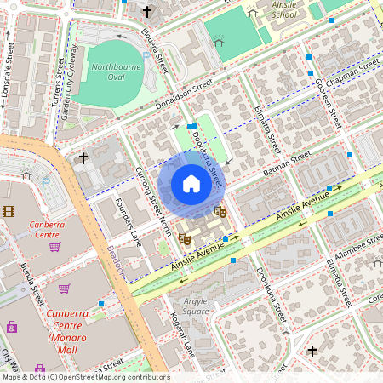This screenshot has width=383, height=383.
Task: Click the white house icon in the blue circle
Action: point(191,184)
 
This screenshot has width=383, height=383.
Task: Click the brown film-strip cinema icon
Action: point(9,211)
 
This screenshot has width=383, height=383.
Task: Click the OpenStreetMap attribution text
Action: point(85,377)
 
